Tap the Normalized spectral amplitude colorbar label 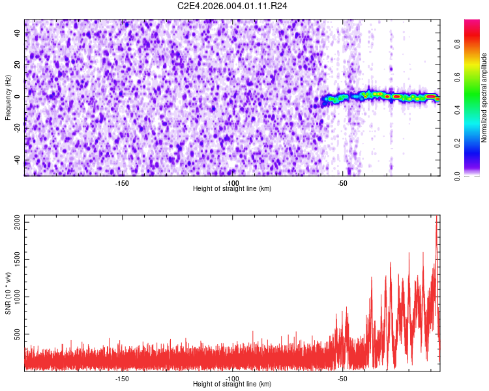pos(484,97)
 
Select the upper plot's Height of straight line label pos(232,188)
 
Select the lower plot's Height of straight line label pos(232,384)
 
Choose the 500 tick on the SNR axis pos(16,334)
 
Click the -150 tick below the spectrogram pos(122,182)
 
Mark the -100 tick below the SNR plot pos(232,378)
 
